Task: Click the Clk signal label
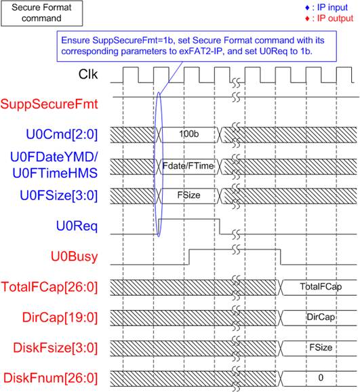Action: pyautogui.click(x=87, y=74)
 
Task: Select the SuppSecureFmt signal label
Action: pyautogui.click(x=49, y=104)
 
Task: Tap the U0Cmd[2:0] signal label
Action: pyautogui.click(x=62, y=134)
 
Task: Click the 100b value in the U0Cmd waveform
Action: pyautogui.click(x=189, y=134)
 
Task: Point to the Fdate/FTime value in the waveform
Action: pyautogui.click(x=188, y=165)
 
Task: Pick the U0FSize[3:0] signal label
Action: pyautogui.click(x=59, y=195)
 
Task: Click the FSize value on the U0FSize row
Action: pyautogui.click(x=188, y=195)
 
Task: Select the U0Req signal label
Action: pyautogui.click(x=77, y=226)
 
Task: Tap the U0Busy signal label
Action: pyautogui.click(x=75, y=256)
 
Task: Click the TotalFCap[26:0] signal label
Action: pyautogui.click(x=49, y=287)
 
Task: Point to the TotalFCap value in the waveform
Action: pyautogui.click(x=321, y=286)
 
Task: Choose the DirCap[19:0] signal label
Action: pyautogui.click(x=60, y=317)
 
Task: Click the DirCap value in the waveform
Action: pyautogui.click(x=321, y=317)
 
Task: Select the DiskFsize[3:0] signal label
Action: pyautogui.click(x=55, y=348)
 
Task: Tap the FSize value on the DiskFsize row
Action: pyautogui.click(x=321, y=347)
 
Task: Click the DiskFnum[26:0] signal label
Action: pyautogui.click(x=50, y=378)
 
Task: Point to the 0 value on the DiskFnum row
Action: pyautogui.click(x=321, y=378)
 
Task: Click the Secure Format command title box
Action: pyautogui.click(x=42, y=13)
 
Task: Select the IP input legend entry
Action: pyautogui.click(x=327, y=7)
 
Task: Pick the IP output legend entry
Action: pyautogui.click(x=329, y=18)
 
